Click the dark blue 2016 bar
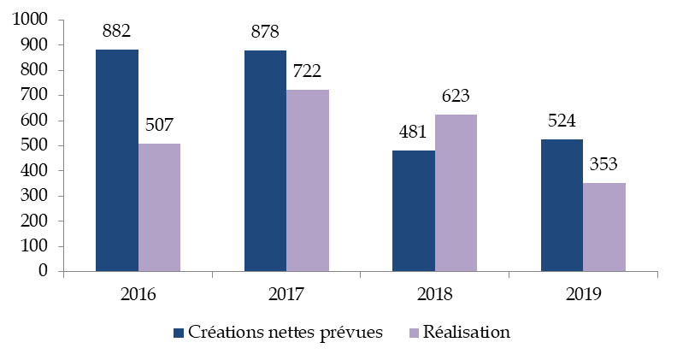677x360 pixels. pyautogui.click(x=117, y=161)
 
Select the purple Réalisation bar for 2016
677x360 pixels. pyautogui.click(x=159, y=208)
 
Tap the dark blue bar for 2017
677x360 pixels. pyautogui.click(x=265, y=161)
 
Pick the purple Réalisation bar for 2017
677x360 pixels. pyautogui.click(x=307, y=180)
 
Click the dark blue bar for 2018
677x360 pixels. pyautogui.click(x=414, y=211)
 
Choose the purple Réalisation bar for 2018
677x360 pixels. pyautogui.click(x=456, y=193)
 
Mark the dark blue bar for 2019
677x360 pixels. pyautogui.click(x=562, y=205)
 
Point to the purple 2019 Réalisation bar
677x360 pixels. pyautogui.click(x=603, y=227)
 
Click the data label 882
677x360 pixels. pyautogui.click(x=116, y=32)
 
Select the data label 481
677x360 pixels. pyautogui.click(x=413, y=133)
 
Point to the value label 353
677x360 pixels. pyautogui.click(x=603, y=165)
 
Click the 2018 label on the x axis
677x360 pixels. pyautogui.click(x=434, y=295)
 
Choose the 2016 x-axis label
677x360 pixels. pyautogui.click(x=138, y=295)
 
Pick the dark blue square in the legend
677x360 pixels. pyautogui.click(x=179, y=332)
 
